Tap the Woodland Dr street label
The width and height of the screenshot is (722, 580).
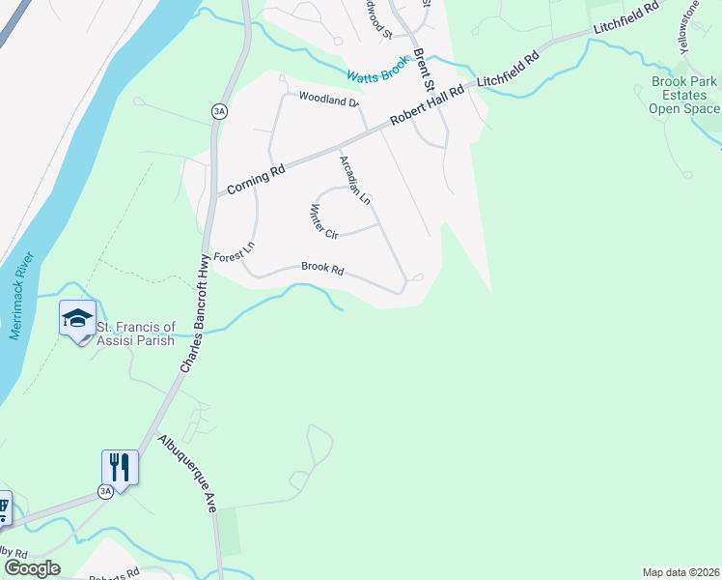coord(328,99)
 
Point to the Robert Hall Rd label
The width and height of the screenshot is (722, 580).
coord(427,104)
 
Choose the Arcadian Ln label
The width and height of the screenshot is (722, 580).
coord(354,180)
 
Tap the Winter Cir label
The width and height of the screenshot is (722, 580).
coord(323,221)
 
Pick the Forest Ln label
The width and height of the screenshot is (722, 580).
coord(234,252)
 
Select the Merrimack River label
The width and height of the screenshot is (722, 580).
coord(22,297)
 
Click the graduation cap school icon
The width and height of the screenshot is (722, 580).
coord(77,319)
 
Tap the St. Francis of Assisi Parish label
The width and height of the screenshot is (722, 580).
coord(136,333)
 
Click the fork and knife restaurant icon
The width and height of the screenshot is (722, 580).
coord(120,468)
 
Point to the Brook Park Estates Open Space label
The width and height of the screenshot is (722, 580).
coord(684,96)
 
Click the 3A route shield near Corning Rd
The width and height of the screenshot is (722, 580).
coord(219,112)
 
